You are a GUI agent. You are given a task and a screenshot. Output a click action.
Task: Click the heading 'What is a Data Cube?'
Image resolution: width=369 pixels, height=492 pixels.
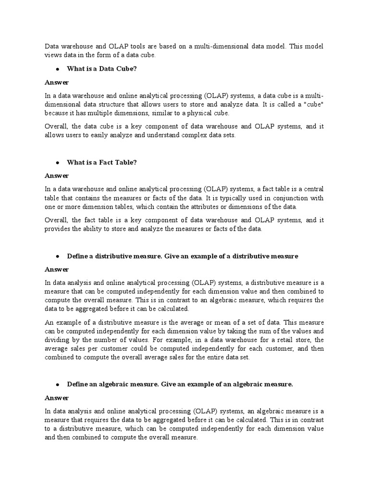tap(102, 69)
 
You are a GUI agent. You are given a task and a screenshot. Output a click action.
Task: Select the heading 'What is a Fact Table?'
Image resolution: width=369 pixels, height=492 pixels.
tap(102, 162)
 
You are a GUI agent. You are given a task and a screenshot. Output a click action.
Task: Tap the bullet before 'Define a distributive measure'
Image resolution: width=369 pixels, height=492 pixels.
tap(57, 257)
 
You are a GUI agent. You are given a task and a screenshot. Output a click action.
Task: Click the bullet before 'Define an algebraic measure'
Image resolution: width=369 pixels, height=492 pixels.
tap(57, 385)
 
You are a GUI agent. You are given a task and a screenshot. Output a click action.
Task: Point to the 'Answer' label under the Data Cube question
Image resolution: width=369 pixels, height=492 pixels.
tap(57, 82)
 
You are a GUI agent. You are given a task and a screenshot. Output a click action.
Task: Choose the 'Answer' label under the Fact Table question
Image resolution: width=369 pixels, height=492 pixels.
tap(57, 176)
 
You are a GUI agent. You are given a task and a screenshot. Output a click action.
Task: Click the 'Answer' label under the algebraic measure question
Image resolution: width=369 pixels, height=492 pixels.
tap(57, 398)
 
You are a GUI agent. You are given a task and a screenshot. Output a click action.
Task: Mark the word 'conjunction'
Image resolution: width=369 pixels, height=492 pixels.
tap(289, 198)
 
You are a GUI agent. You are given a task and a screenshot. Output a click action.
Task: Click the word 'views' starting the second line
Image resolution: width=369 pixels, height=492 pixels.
tap(54, 55)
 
